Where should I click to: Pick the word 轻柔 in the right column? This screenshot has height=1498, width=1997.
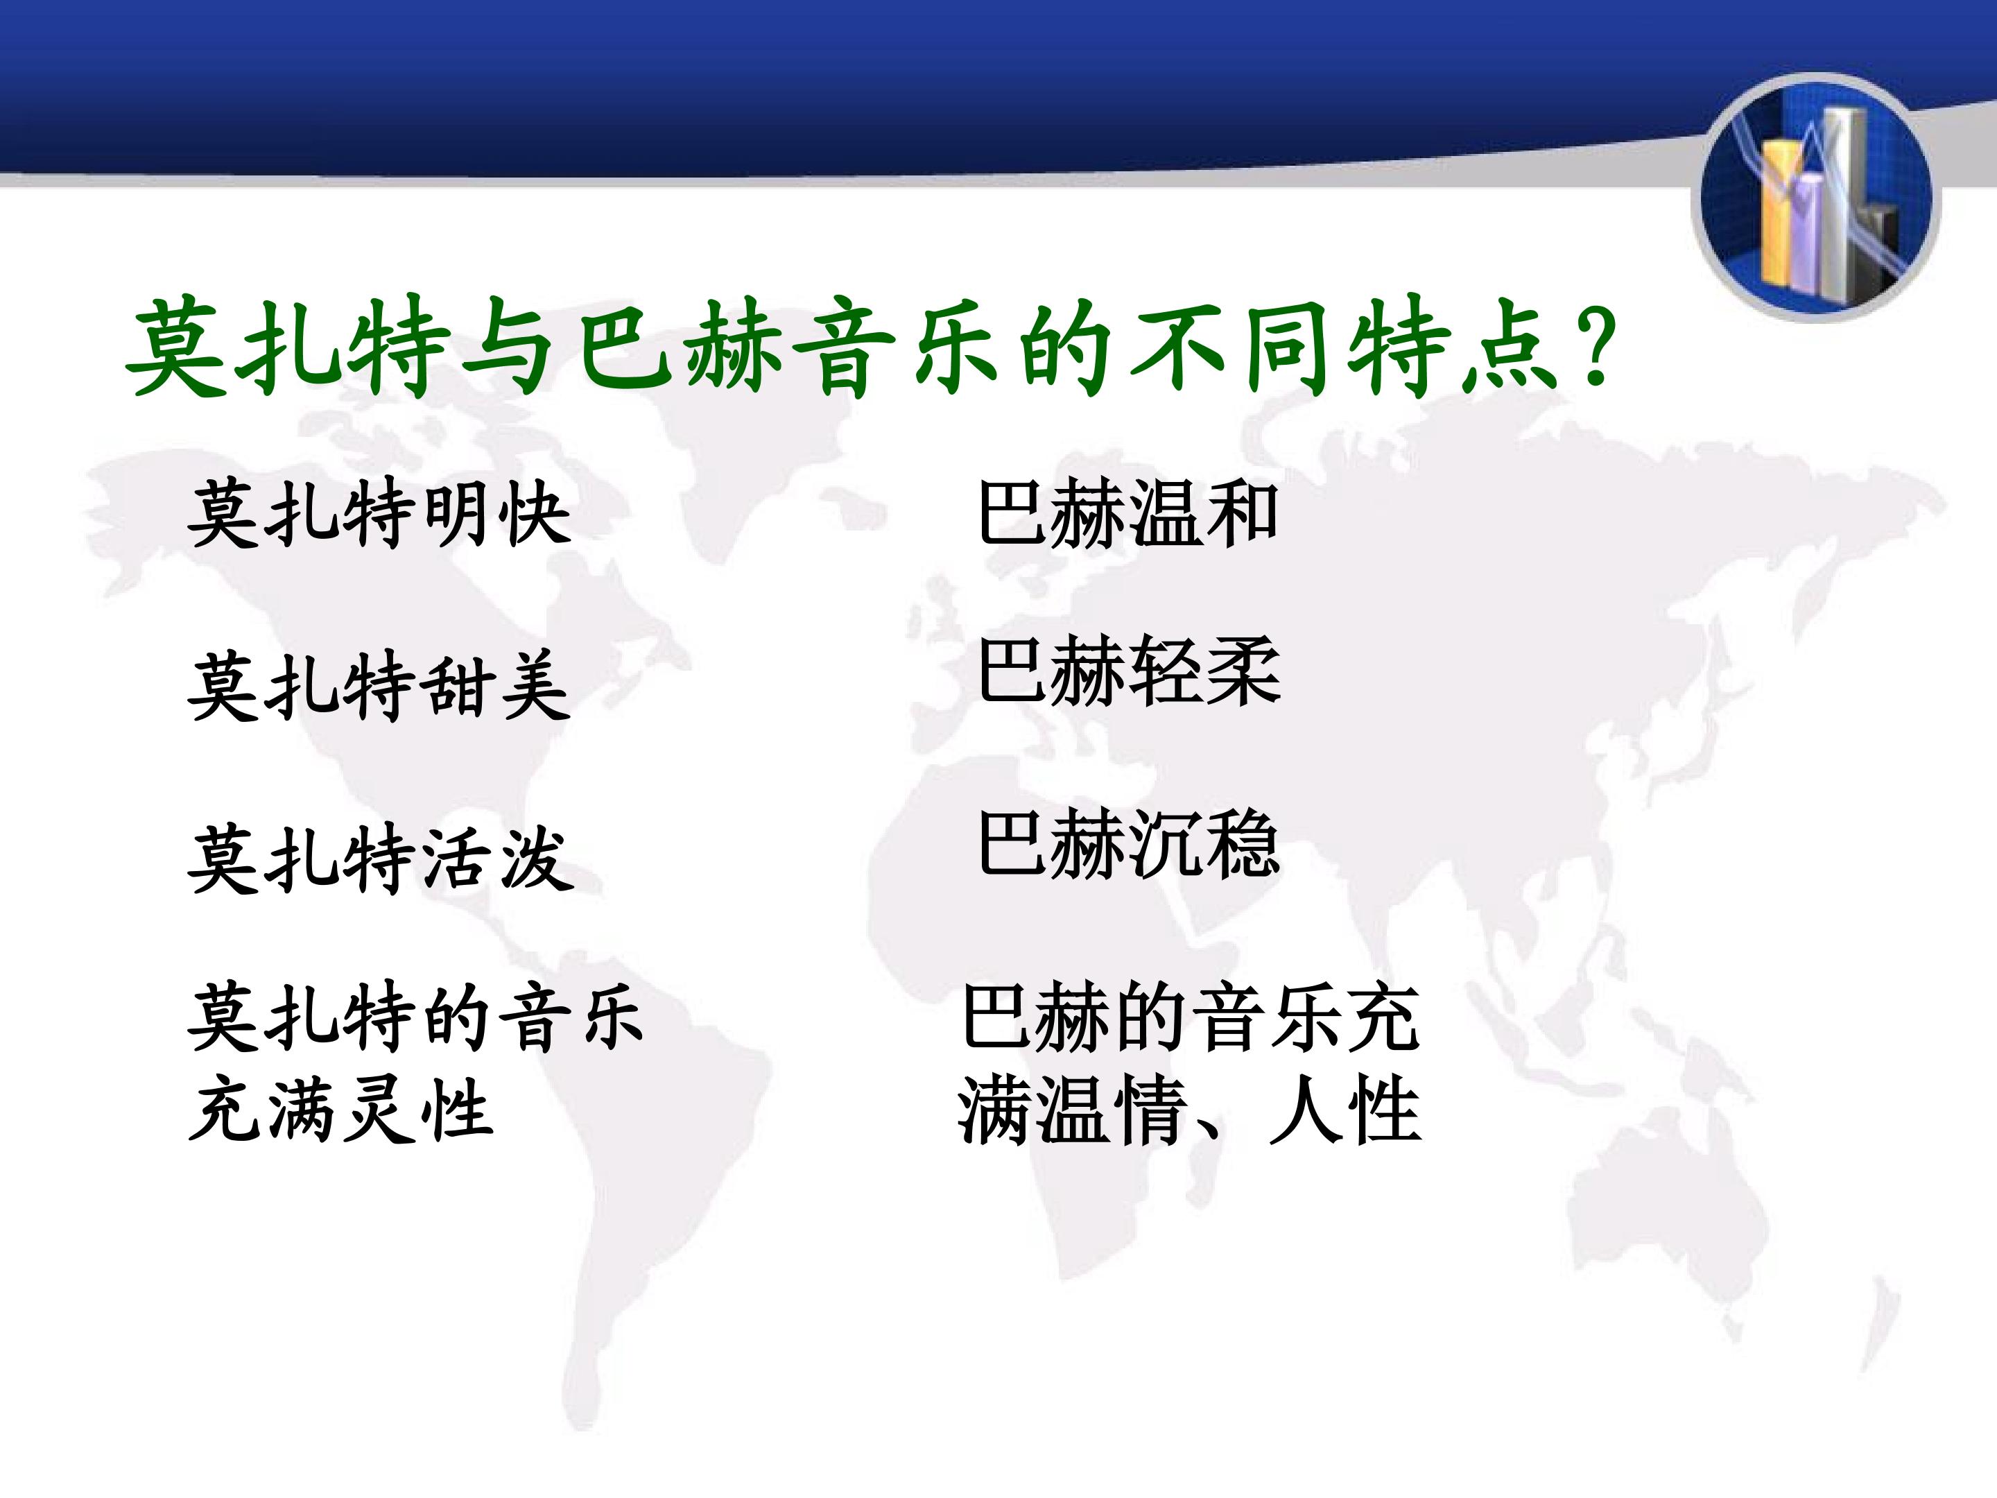click(1204, 671)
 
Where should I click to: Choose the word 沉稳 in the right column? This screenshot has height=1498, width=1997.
click(1204, 843)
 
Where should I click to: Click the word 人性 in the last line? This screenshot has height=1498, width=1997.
click(1345, 1110)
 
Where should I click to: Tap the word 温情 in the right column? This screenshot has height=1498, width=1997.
click(1110, 1110)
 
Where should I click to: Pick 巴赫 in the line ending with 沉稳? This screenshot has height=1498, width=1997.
click(1053, 843)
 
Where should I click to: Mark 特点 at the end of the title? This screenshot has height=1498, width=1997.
click(1453, 349)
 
